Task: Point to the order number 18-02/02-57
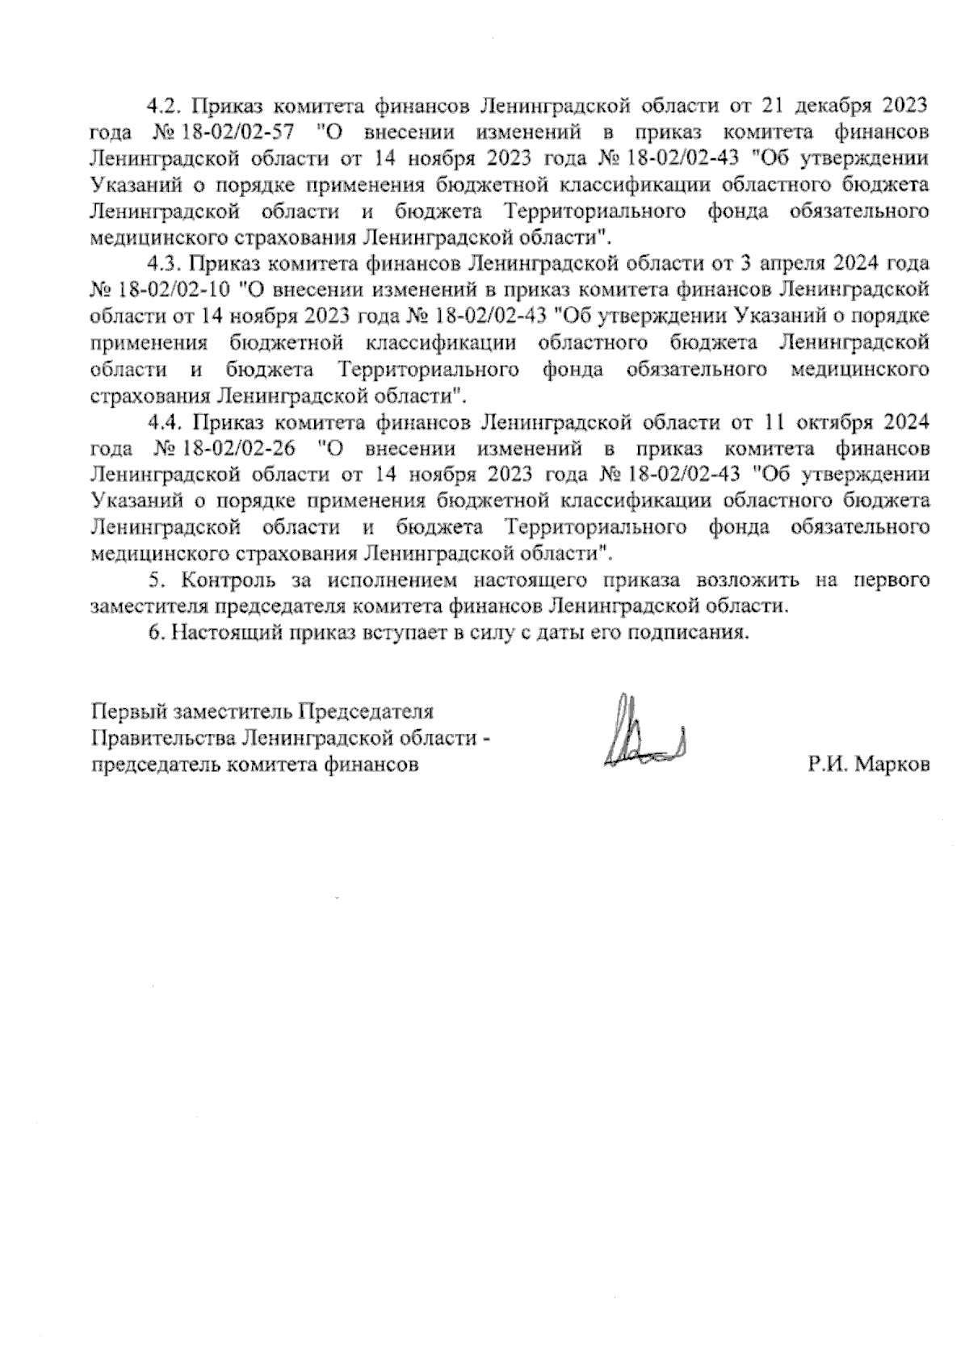233,132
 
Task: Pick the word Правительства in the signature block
166,738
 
